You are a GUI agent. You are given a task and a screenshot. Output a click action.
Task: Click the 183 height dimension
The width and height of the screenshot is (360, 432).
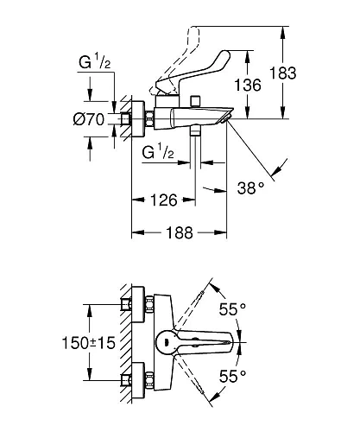(x=282, y=73)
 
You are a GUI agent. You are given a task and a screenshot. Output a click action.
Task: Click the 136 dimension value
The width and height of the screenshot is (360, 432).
(x=248, y=85)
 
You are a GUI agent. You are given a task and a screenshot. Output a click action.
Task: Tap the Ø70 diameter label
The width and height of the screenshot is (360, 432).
(x=88, y=119)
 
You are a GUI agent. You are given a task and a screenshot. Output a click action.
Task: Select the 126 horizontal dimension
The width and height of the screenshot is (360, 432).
(x=164, y=200)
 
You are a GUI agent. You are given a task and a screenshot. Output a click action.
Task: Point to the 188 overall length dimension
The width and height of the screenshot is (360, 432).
(x=179, y=232)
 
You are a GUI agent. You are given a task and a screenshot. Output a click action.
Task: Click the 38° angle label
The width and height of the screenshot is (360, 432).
(x=250, y=188)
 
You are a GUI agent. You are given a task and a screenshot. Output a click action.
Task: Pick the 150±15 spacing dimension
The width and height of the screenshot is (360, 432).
(x=89, y=343)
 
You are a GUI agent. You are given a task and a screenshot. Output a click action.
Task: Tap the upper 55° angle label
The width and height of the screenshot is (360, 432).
(x=232, y=309)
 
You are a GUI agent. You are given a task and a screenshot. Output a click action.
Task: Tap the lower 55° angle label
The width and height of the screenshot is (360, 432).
(x=232, y=376)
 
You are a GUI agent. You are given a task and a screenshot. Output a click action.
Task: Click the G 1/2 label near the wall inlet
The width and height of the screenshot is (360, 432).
(x=95, y=62)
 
